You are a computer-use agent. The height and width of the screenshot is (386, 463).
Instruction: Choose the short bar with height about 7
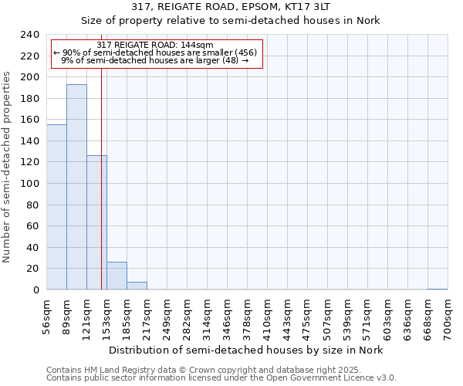pos(137,286)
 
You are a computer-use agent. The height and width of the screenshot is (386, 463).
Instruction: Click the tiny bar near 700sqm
pos(438,289)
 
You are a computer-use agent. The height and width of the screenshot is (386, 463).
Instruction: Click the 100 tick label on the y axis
pos(31,184)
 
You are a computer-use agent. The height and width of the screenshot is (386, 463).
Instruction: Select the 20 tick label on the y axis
pos(34,269)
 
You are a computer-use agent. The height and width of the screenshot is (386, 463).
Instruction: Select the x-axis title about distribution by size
pos(245,350)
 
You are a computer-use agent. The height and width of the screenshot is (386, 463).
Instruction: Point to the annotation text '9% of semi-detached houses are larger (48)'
pos(154,60)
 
